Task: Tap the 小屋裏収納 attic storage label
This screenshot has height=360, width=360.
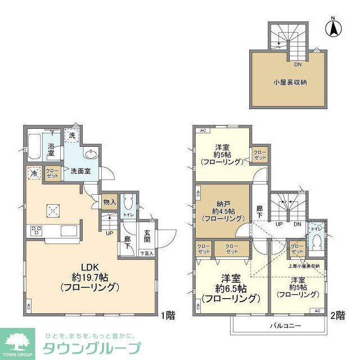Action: click(290, 82)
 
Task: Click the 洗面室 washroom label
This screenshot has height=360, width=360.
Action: click(81, 170)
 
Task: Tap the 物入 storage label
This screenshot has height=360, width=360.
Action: click(109, 201)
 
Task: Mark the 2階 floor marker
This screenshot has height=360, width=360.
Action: click(337, 316)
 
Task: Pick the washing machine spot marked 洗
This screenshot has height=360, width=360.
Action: click(72, 135)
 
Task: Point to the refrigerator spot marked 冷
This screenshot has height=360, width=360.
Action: click(34, 174)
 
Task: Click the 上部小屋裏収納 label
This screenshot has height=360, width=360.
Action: click(304, 266)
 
